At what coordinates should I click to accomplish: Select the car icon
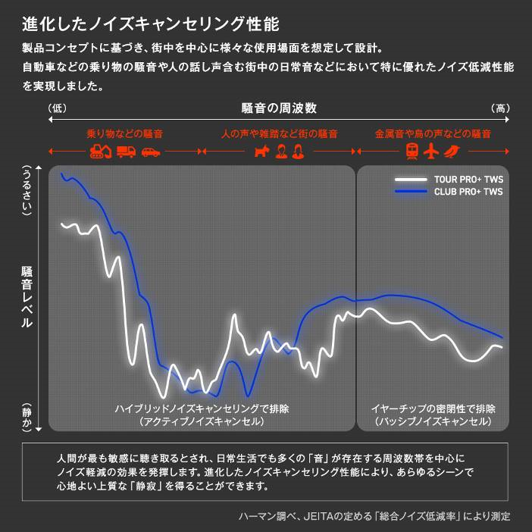(151, 152)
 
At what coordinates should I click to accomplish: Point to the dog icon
(261, 151)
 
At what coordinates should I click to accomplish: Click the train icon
(413, 151)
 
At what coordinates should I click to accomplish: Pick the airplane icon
(433, 151)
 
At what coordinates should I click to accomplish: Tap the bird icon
(453, 151)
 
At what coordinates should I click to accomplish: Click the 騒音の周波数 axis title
(279, 108)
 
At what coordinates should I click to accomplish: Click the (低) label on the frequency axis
(58, 108)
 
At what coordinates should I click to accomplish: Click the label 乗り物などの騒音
(124, 133)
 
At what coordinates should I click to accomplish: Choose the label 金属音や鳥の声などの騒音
(433, 133)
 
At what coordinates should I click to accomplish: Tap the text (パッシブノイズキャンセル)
(433, 421)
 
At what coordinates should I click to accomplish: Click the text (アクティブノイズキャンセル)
(202, 421)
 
